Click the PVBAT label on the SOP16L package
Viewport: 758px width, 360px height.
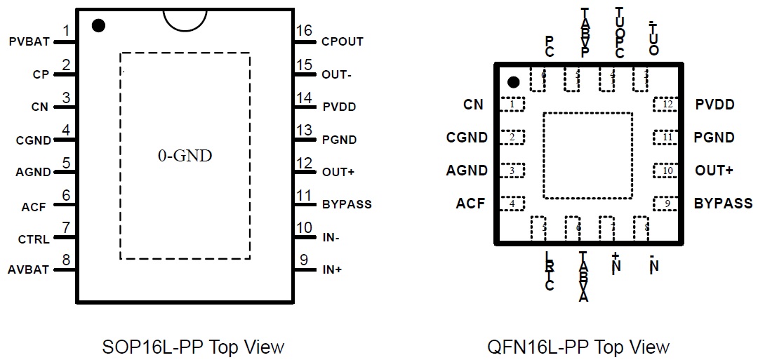(29, 41)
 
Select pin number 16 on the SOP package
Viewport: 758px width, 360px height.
(304, 31)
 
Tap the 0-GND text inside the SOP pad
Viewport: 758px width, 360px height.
(185, 156)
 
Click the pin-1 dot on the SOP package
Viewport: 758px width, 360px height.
(98, 26)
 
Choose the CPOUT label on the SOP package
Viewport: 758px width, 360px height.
(343, 41)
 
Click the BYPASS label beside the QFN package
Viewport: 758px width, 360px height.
(723, 204)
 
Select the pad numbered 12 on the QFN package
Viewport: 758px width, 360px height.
(665, 105)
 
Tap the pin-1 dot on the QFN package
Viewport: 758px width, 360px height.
(514, 82)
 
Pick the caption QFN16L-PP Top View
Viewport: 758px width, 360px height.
(578, 347)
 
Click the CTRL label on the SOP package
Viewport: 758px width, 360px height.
(34, 239)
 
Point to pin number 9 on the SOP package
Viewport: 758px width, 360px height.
(304, 260)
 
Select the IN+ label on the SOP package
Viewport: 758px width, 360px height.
(332, 269)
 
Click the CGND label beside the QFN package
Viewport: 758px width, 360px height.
(467, 138)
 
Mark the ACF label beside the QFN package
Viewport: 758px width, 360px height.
(470, 204)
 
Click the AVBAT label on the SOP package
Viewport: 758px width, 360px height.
(29, 269)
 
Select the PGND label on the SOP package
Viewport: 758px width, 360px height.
(340, 140)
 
